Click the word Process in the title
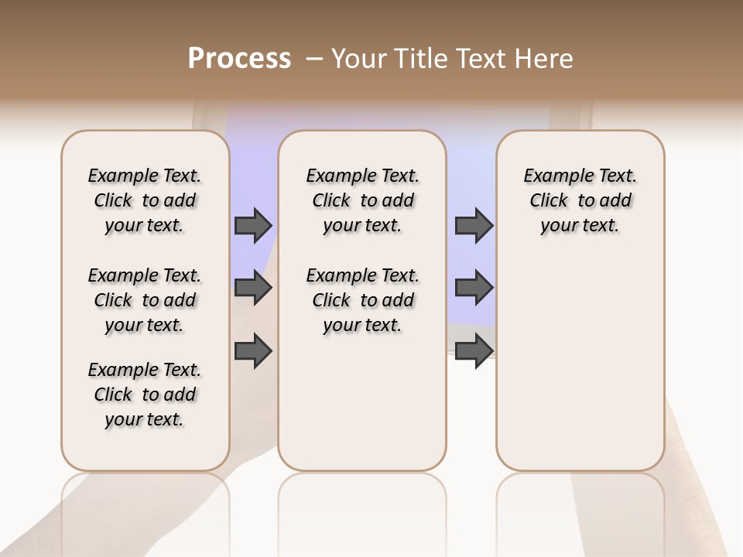tap(239, 59)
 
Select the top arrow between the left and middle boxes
tap(253, 226)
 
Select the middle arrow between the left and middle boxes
tap(253, 288)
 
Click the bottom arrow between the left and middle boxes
tap(253, 350)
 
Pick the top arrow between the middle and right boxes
tap(474, 226)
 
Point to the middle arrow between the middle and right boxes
tap(474, 288)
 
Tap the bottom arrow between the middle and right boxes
tap(474, 350)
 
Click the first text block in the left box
tap(145, 200)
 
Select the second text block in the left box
tap(145, 300)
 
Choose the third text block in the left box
tap(145, 395)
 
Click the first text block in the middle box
tap(362, 200)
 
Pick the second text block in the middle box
tap(362, 300)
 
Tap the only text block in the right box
tap(580, 200)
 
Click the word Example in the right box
tap(553, 176)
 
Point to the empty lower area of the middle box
tap(362, 402)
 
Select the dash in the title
tap(314, 59)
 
